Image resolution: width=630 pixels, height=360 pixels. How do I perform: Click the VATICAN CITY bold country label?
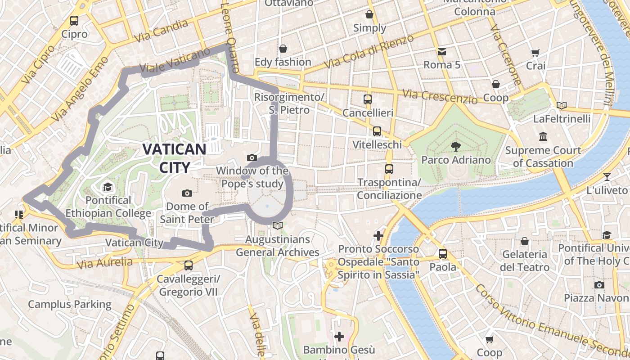[x=175, y=158]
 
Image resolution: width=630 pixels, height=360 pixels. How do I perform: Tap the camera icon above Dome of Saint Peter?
[x=187, y=193]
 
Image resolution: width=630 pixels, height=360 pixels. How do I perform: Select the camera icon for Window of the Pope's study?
[x=252, y=157]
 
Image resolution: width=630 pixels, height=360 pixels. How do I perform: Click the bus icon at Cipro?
[x=74, y=20]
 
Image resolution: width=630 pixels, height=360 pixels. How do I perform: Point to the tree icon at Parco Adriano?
[x=455, y=146]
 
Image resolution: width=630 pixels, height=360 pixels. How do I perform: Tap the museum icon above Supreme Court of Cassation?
[x=543, y=136]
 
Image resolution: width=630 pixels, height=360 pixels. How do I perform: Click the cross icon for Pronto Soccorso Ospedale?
[x=378, y=235]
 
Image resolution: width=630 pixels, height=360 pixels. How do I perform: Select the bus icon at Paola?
[x=443, y=253]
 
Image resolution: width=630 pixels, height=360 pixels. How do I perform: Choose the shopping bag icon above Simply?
[x=369, y=14]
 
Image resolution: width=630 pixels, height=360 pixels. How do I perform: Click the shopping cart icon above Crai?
[x=535, y=53]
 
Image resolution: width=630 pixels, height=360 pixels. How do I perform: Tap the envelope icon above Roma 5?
[x=442, y=51]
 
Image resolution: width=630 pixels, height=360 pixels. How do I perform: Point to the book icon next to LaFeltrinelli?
[x=561, y=105]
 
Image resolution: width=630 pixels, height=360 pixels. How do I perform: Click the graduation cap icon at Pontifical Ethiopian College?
[x=108, y=187]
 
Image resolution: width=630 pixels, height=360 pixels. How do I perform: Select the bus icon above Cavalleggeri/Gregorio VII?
[x=189, y=265]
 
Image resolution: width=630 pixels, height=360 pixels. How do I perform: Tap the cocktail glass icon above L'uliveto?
[x=607, y=176]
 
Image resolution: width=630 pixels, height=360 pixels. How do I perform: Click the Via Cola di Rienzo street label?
[x=369, y=52]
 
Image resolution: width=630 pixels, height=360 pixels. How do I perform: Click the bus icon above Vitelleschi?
[x=377, y=131]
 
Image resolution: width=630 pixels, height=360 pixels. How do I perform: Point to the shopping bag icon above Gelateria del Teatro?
[x=525, y=241]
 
